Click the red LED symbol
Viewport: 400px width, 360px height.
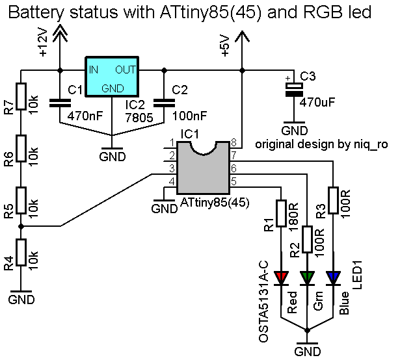282,278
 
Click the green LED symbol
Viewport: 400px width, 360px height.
307,278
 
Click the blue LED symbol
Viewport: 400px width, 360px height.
333,278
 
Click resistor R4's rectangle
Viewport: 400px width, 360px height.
21,252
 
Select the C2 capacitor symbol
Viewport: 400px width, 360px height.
163,101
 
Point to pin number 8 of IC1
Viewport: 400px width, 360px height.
235,144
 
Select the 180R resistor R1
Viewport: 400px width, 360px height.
282,215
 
